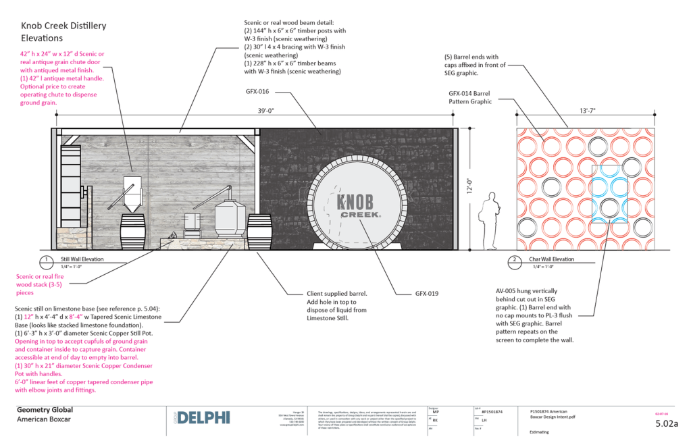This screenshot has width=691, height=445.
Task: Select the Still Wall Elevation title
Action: tap(81, 259)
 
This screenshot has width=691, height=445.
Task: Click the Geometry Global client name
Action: tap(45, 410)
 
